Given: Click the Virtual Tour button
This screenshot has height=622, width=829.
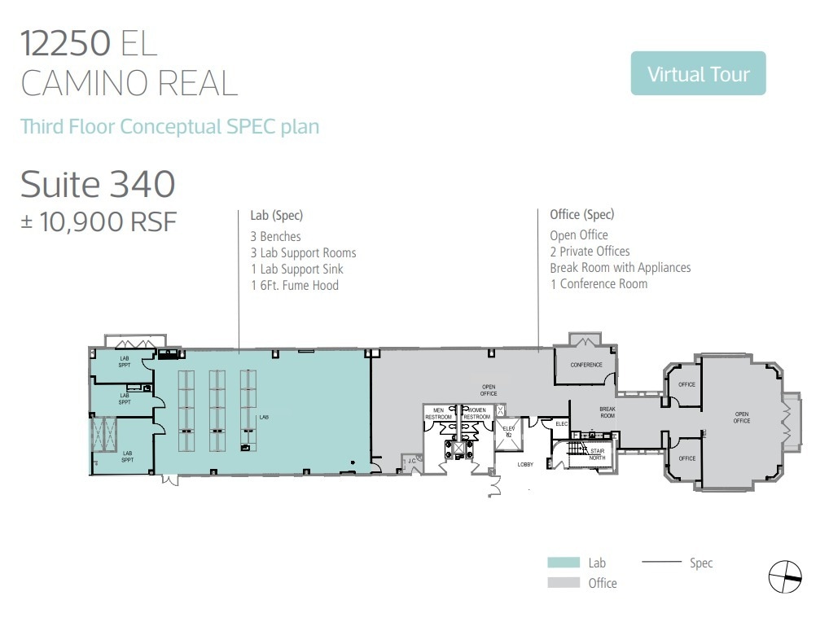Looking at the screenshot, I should pos(698,74).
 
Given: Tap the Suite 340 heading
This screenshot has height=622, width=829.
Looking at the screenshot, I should pos(98,184).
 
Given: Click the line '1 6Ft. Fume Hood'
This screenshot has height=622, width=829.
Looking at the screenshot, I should pos(294,286).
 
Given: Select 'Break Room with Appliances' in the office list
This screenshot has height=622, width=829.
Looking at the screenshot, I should pos(620,268).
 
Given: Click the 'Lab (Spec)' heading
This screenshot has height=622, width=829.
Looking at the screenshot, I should pos(276,216).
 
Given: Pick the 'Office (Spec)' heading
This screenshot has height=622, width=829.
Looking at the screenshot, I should pos(581,215).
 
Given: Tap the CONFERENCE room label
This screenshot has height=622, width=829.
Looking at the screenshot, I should pos(586,365).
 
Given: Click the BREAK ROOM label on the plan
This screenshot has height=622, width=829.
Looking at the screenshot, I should pos(607,413).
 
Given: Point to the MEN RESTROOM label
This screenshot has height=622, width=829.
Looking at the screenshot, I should pos(438,414).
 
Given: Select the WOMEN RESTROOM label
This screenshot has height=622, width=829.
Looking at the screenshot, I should pos(476,414).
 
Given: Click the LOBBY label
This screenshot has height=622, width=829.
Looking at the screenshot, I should pos(526,465).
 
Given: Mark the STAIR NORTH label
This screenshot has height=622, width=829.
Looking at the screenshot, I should pos(598,453).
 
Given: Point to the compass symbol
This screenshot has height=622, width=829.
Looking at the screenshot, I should pos(785,577).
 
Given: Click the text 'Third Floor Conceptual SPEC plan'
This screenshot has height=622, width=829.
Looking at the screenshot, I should pos(169,127).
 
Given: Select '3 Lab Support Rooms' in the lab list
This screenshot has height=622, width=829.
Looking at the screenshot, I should pos(303,253).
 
